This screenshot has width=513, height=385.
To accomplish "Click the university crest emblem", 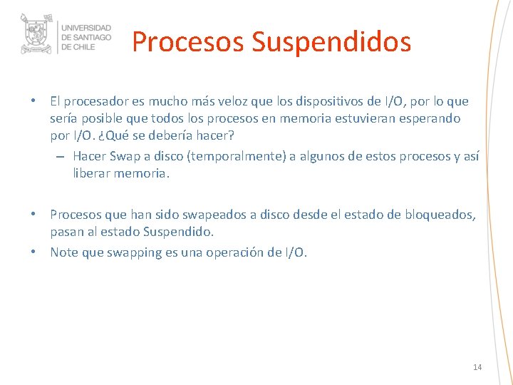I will pos(38,34).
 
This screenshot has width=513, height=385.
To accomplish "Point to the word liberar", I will pos(94,173).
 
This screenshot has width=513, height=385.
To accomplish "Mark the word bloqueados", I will pos(440,215).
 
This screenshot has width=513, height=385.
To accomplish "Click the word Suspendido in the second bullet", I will pos(177,232).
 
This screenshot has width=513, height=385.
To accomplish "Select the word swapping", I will pos(136,252).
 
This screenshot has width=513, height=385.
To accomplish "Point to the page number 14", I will pos(477,367).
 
